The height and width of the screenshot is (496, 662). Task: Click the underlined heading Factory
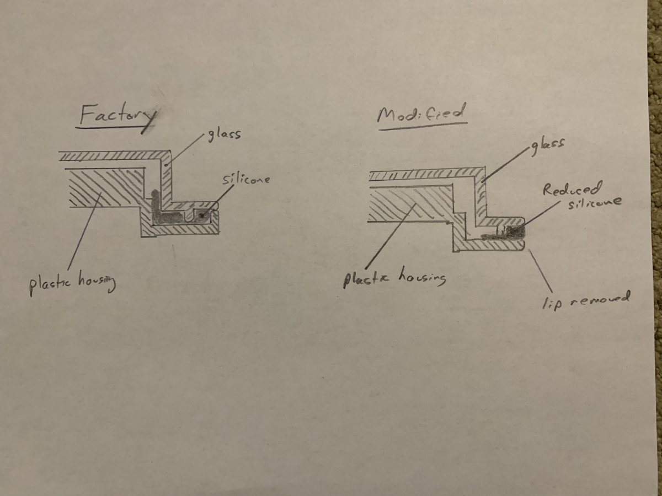pos(118,116)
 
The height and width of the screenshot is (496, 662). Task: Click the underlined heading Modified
pos(421,114)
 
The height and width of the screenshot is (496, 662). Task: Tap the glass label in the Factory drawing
pos(225,135)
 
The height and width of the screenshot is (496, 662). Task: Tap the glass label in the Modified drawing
pos(547,147)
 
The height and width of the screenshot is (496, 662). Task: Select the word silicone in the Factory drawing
pos(246,179)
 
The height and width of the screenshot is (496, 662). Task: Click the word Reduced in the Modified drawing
pos(572,190)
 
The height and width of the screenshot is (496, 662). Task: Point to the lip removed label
pos(586,300)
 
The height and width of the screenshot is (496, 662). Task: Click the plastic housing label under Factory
pos(72,283)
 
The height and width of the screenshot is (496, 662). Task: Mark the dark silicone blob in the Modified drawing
pos(515,232)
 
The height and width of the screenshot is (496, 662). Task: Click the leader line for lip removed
pos(540,271)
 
